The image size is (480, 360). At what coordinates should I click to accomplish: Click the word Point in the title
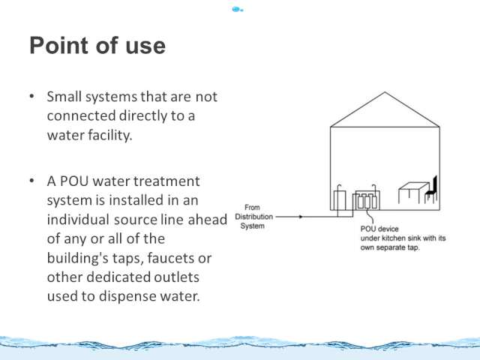(59, 45)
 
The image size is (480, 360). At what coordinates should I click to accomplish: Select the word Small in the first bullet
(64, 97)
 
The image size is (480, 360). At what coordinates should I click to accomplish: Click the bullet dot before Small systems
(31, 97)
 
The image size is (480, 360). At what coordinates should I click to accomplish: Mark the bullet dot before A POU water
(31, 181)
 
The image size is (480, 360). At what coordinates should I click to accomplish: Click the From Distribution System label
(253, 217)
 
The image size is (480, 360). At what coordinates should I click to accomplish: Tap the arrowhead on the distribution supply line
(301, 217)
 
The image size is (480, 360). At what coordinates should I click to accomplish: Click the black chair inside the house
(431, 189)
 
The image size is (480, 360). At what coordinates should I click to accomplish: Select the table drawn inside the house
(414, 193)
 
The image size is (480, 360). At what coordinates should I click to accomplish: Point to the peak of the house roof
(385, 92)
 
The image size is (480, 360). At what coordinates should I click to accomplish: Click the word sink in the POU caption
(415, 238)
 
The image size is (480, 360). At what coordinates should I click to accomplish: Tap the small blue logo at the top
(238, 10)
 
